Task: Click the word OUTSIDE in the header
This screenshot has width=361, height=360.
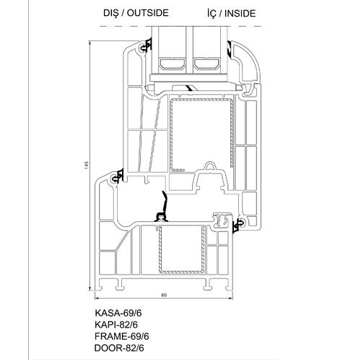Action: pos(147,13)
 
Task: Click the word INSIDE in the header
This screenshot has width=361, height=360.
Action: pos(240,14)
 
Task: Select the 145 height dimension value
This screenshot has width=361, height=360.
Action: pos(87,165)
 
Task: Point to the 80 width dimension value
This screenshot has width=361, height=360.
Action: pos(164,295)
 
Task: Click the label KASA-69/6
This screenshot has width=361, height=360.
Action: pos(118,313)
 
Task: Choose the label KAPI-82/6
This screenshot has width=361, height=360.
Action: pos(116,325)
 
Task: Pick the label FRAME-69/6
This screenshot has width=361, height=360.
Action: pos(122,336)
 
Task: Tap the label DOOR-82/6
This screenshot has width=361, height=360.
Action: pos(119,348)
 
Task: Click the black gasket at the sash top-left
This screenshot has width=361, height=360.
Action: pos(147,46)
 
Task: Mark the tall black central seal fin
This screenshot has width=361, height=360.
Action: pos(163,207)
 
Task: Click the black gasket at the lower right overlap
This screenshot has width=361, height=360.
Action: pos(238,226)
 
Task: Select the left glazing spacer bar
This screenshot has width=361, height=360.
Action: pos(173,64)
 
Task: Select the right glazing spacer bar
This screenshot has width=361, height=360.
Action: pos(207,64)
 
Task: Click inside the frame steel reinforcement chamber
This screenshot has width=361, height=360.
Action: pos(180,248)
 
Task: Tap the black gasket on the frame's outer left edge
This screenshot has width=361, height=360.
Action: pos(118,176)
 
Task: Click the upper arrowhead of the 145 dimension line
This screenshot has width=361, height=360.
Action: pos(90,43)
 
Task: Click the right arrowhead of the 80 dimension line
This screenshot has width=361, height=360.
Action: pos(231,299)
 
